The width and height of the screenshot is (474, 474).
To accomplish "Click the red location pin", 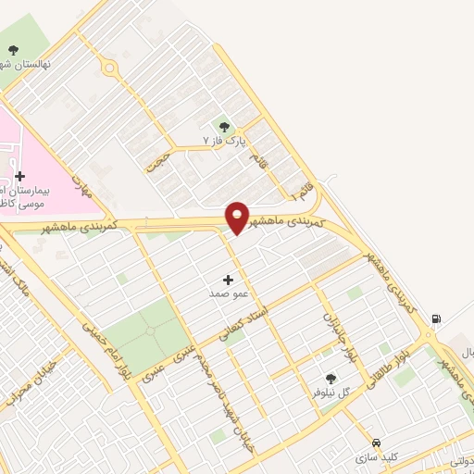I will [237, 218].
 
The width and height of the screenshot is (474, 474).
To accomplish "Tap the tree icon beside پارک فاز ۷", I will [223, 127].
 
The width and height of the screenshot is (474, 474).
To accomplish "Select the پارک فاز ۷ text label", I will [227, 141].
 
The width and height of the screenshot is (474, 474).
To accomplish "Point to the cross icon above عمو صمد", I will [229, 279].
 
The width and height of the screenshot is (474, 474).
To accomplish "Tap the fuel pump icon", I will [435, 320].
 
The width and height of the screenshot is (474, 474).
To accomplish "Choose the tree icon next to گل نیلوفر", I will [331, 378].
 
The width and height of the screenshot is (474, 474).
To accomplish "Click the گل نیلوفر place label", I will [332, 392].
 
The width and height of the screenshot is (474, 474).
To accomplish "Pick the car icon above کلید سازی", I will [376, 443].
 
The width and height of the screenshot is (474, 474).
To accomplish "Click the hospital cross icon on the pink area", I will [19, 176].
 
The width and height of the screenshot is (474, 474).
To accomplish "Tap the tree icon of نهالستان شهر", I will [13, 51].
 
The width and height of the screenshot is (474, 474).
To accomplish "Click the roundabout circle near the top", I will [110, 68].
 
